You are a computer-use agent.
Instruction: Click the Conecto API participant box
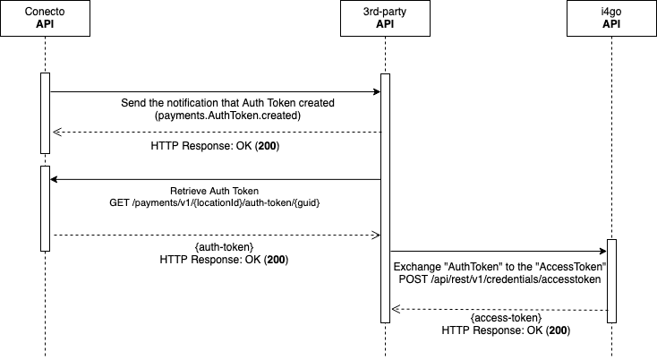(44, 19)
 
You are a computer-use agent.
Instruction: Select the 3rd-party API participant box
(385, 19)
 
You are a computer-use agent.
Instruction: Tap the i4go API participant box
(611, 19)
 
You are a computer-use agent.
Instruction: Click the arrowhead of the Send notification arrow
(376, 91)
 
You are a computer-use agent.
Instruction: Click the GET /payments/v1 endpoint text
(215, 204)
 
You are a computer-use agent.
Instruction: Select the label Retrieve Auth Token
(215, 192)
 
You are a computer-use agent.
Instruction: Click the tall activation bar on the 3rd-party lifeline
(385, 197)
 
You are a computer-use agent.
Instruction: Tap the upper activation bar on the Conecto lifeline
(44, 113)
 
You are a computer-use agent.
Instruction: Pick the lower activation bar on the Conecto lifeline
(44, 208)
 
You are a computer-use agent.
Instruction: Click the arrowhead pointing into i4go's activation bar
(602, 253)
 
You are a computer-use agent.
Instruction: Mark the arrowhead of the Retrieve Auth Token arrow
(54, 179)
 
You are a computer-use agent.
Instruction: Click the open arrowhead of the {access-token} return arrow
(395, 309)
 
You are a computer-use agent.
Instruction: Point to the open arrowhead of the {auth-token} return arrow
(376, 236)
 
